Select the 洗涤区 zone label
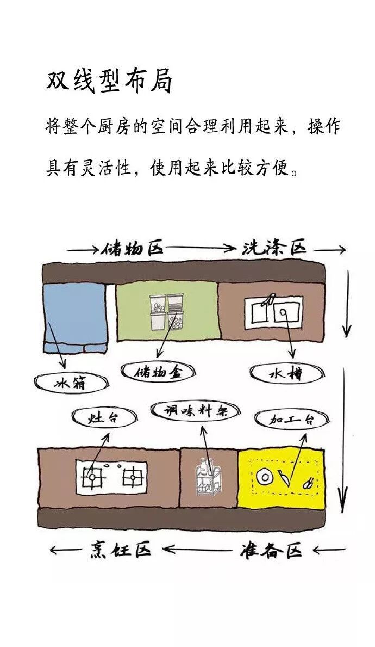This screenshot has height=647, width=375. pos(274,249)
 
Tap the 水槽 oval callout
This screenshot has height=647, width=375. pos(286,374)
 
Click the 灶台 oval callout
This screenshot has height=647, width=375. pos(104,418)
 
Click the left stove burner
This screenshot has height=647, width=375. pos(93,477)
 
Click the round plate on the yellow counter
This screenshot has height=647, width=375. pos(265,477)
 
